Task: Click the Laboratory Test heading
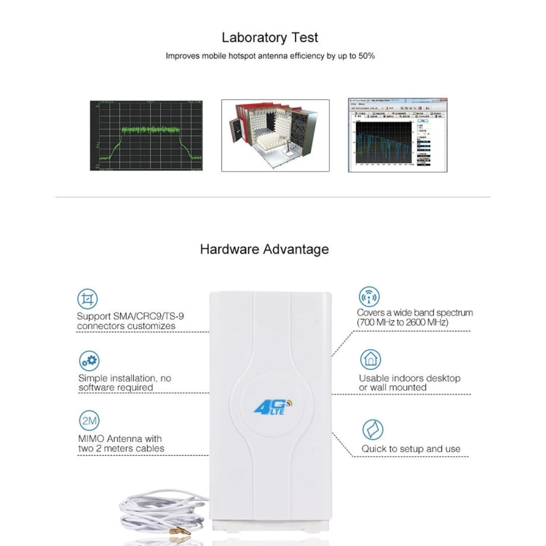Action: pos(270,37)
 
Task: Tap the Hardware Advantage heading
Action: pos(264,249)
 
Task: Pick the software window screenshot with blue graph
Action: pos(397,135)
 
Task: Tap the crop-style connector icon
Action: pos(89,298)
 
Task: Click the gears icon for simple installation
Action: pos(89,360)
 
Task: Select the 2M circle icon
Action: pos(89,421)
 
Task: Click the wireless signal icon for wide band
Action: pos(369,296)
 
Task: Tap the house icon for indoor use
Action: pos(370,360)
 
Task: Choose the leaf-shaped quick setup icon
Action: pos(372,430)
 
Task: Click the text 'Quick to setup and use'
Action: pos(411,449)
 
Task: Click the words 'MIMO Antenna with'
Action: pos(120,438)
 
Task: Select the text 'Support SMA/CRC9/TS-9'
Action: pos(127,317)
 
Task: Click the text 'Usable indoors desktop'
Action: pos(409,378)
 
